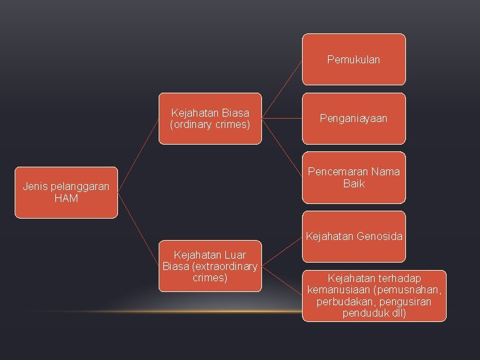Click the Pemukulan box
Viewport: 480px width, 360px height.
pos(353,59)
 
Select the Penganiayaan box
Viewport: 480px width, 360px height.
pos(353,119)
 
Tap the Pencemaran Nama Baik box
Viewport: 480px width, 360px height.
pos(353,177)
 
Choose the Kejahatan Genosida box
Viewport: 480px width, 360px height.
pos(353,236)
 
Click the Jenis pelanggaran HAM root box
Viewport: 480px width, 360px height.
pos(66,193)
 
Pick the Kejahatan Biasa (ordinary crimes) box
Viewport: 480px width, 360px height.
pos(210,119)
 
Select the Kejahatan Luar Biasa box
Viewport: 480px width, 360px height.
pos(210,266)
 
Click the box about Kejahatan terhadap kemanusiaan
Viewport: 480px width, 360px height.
pos(374,295)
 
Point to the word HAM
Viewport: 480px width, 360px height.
pos(66,199)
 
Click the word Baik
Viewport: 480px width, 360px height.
pos(353,183)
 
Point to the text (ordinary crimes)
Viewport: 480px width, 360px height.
pos(210,125)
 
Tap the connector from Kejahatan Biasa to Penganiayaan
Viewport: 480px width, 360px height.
pos(281,119)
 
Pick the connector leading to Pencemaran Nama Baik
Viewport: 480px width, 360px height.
pos(281,148)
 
